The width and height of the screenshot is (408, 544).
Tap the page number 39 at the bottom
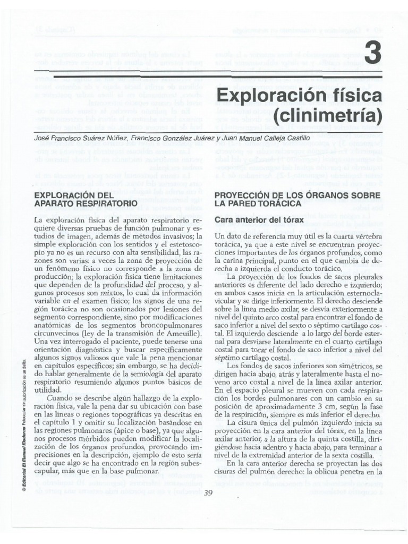pyautogui.click(x=208, y=492)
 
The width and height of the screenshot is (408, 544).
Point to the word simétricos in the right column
pyautogui.click(x=348, y=367)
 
